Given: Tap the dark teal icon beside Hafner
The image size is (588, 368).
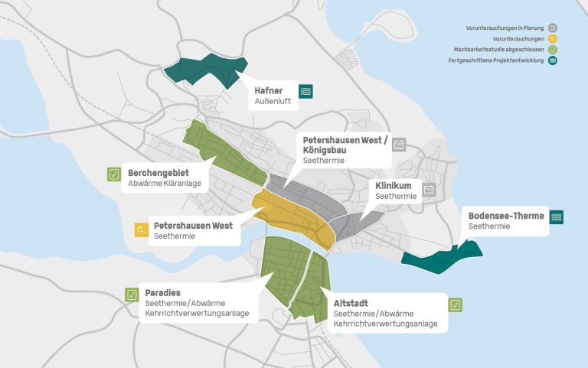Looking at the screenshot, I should coord(306,91).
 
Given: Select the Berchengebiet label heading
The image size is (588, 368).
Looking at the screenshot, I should coord(158,173).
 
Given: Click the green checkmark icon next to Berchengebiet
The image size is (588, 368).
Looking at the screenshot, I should coord(114,174).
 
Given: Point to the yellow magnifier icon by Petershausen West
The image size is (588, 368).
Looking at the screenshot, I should coord(141,230).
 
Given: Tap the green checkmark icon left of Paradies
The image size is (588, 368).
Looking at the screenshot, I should coord(132,295).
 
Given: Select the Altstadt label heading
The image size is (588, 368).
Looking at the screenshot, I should coord(354,303).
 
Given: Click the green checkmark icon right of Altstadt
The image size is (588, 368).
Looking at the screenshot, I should coord(456,304).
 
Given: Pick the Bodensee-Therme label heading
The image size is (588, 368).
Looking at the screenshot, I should coord(506,216).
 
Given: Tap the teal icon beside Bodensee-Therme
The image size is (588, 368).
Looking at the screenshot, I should coord(557,217).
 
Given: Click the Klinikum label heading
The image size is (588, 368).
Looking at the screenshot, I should coord(394,186).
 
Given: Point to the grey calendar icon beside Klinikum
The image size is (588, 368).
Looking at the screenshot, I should coord(429,189).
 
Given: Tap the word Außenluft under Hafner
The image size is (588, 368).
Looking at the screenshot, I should coord(273,102).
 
